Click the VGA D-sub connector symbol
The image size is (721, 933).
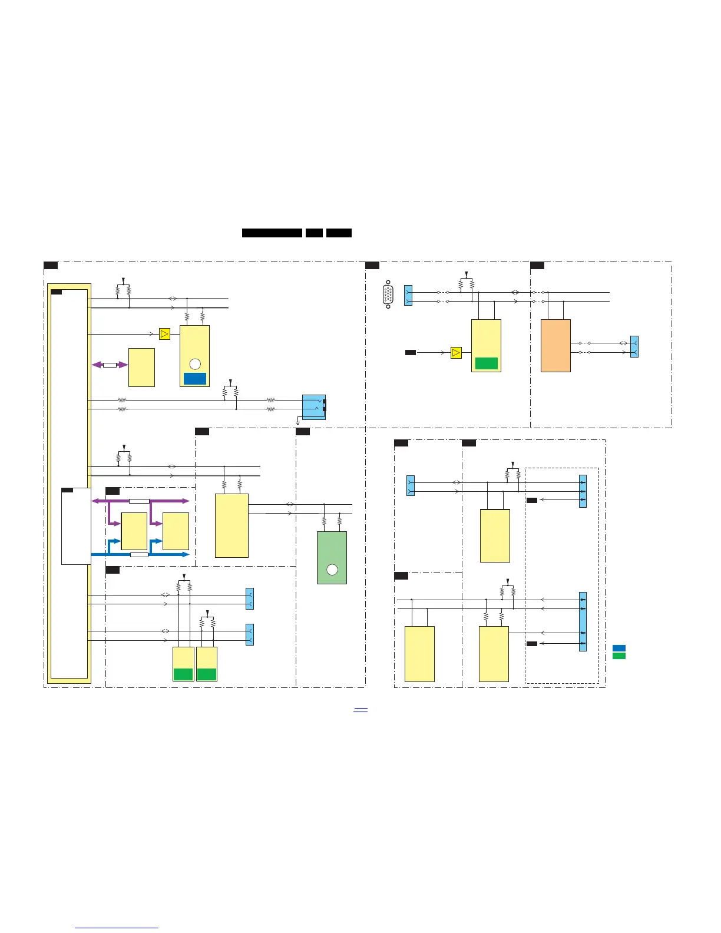click(x=388, y=295)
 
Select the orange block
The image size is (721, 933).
click(x=555, y=345)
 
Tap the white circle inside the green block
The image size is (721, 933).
click(x=332, y=570)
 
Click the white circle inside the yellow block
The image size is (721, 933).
click(x=195, y=364)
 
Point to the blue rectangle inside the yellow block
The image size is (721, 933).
click(x=195, y=379)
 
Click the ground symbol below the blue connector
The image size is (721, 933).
click(x=298, y=422)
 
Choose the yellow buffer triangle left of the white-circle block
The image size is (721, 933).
click(x=164, y=334)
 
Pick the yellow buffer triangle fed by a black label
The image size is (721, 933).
click(x=456, y=353)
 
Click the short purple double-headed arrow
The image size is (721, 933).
click(x=110, y=365)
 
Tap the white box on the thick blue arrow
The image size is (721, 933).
click(x=139, y=554)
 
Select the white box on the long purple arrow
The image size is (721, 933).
click(x=139, y=501)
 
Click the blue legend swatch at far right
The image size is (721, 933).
click(x=619, y=648)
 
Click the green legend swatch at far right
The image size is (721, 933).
click(x=619, y=656)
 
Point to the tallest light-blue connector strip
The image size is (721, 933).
click(x=583, y=621)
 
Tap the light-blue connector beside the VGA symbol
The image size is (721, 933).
click(x=408, y=296)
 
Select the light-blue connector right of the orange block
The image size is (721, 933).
click(x=634, y=346)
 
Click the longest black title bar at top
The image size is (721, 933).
click(x=272, y=233)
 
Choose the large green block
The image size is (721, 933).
click(x=332, y=557)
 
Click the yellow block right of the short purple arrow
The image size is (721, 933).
click(x=141, y=368)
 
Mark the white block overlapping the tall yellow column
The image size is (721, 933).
click(x=76, y=526)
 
